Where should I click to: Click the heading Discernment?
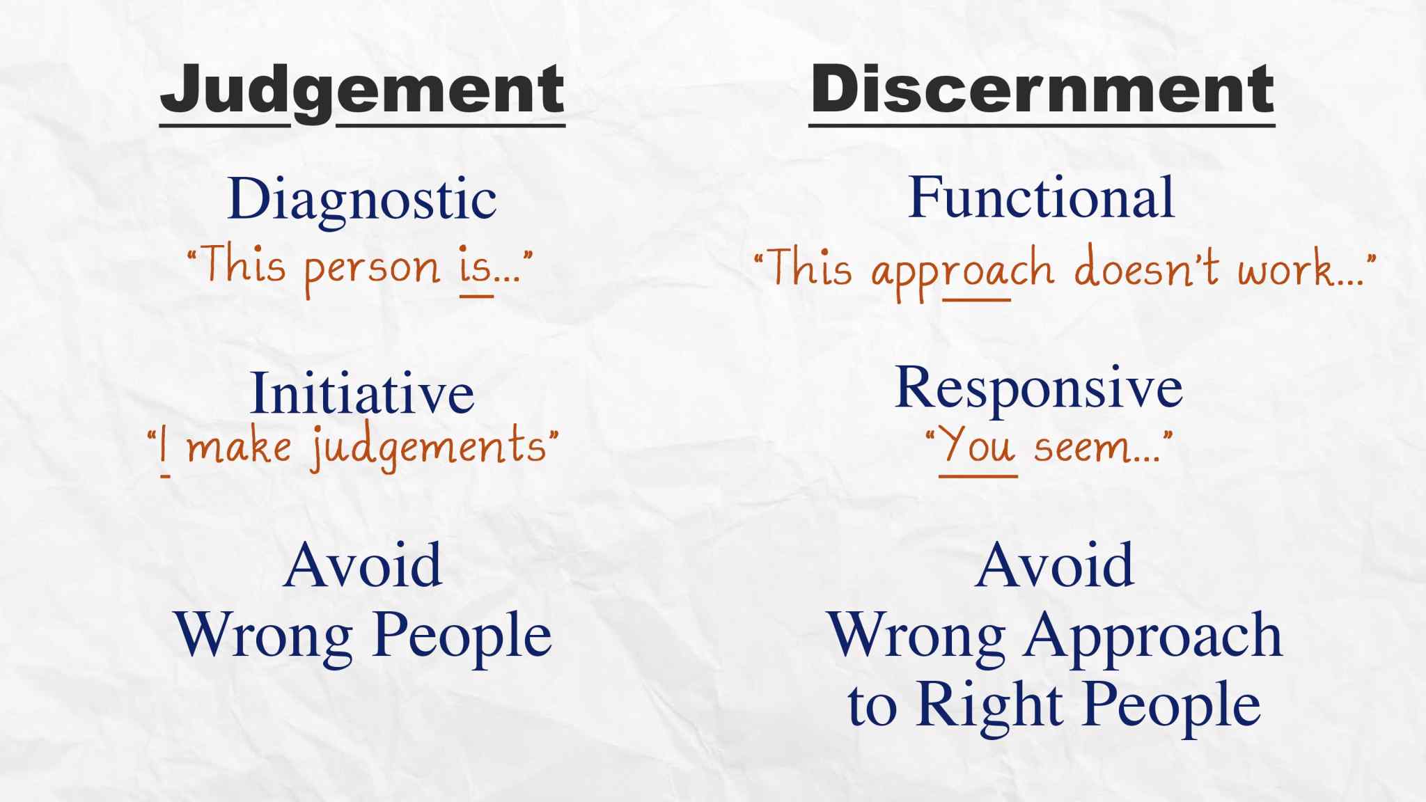point(1042,88)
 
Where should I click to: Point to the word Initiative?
point(362,393)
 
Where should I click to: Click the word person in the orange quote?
point(373,270)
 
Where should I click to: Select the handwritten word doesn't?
point(1147,267)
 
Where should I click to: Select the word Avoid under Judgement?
point(362,565)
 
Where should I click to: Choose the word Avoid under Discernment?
point(1054,565)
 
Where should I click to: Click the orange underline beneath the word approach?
point(977,300)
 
